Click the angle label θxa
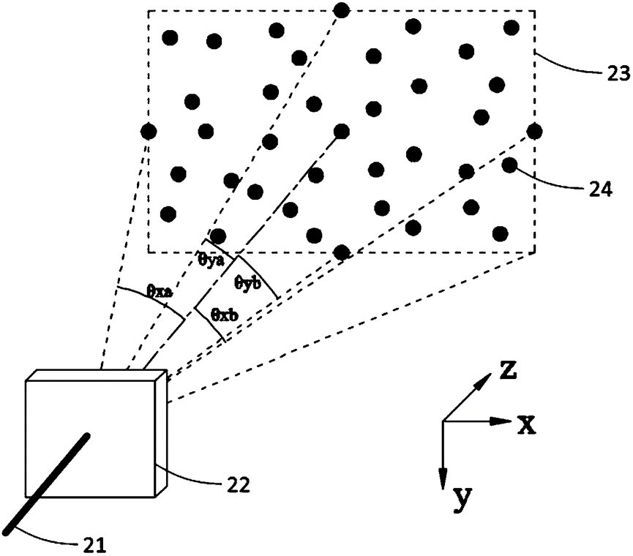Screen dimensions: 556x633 (x=159, y=291)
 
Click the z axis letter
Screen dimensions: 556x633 (x=509, y=372)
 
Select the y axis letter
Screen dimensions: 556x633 (x=462, y=497)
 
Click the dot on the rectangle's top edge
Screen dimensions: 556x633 (x=341, y=10)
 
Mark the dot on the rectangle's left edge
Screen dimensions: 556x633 (x=149, y=132)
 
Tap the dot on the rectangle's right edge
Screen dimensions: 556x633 (x=534, y=131)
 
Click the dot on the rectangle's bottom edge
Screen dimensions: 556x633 (x=341, y=252)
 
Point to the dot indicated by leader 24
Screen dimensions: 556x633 (x=509, y=165)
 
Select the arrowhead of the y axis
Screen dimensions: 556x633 (x=443, y=479)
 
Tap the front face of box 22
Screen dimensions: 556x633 (x=91, y=439)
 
